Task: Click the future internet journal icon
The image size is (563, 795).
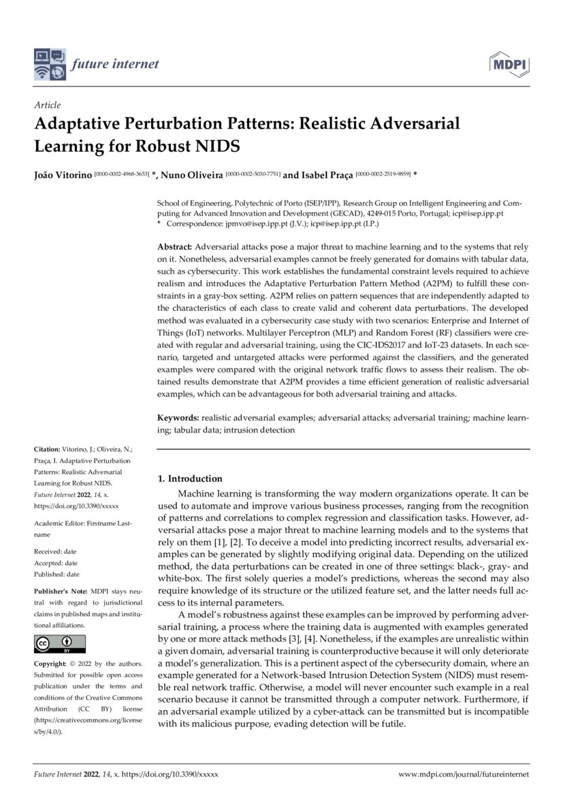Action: [50, 65]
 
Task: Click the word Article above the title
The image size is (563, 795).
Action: [47, 105]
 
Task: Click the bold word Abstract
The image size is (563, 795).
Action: [175, 246]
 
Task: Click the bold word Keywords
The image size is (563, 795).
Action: [178, 418]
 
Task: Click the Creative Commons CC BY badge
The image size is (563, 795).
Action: [60, 643]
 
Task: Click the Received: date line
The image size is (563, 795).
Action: [55, 552]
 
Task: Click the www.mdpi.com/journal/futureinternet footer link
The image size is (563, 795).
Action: [463, 774]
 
